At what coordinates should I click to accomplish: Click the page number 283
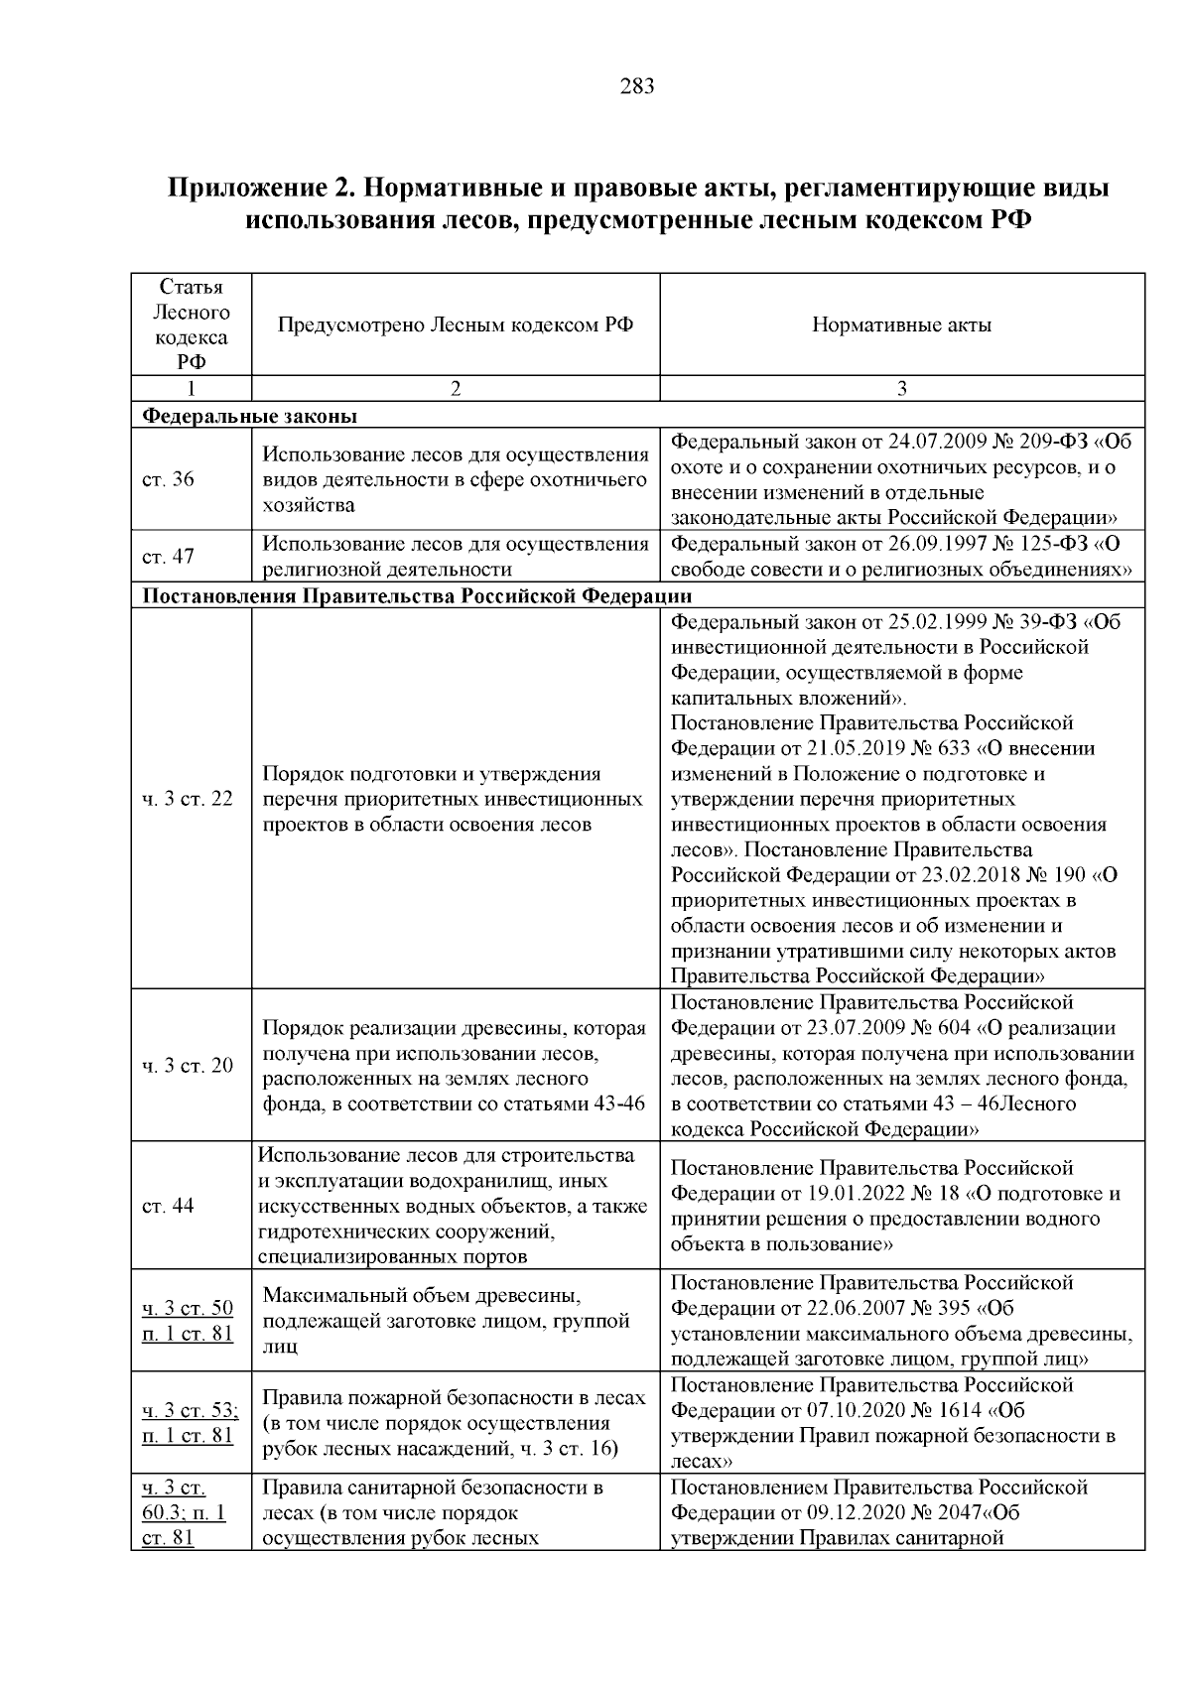pos(636,86)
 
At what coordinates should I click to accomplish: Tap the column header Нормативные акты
pos(901,324)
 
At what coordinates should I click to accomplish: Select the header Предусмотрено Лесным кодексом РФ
pos(456,324)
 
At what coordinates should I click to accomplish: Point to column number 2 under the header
pos(456,389)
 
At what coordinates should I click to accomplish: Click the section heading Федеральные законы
pos(249,416)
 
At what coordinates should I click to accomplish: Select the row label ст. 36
pos(169,480)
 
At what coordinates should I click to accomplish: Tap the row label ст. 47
pos(169,557)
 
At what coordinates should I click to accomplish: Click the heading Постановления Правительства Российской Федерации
pos(418,596)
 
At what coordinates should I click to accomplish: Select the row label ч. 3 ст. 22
pos(188,799)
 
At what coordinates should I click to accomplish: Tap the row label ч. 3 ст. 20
pos(188,1066)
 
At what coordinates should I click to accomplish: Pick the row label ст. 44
pos(169,1206)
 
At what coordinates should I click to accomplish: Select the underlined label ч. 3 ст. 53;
pos(190,1411)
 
